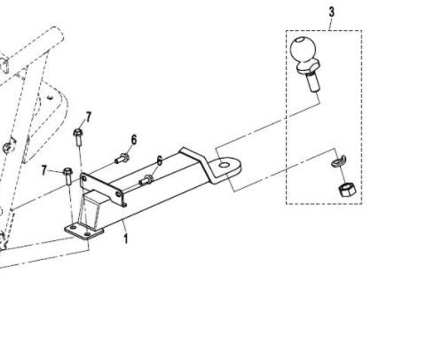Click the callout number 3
[331, 12]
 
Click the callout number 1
[126, 239]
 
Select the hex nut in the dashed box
[347, 190]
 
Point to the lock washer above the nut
[339, 161]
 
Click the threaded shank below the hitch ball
[313, 82]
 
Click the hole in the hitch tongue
[225, 164]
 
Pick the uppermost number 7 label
[89, 117]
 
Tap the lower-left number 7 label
[44, 170]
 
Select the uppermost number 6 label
[134, 140]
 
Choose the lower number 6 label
[160, 161]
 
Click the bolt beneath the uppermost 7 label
[78, 137]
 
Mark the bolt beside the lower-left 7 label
[68, 176]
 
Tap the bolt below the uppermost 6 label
[122, 159]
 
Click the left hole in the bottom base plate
[73, 228]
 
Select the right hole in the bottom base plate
[87, 234]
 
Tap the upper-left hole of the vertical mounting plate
[84, 179]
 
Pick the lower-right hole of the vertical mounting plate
[118, 194]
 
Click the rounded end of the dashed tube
[59, 35]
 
